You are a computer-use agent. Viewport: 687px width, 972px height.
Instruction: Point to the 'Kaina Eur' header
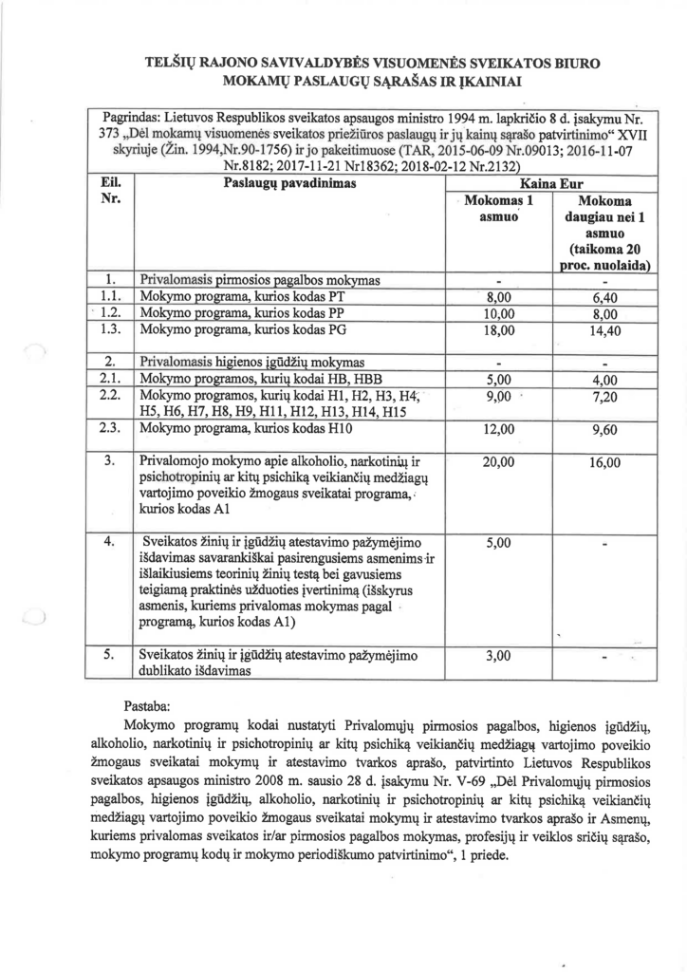[549, 183]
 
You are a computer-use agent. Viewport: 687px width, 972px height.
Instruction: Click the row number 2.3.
[110, 428]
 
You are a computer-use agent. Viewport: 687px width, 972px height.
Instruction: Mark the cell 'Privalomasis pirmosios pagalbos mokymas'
[259, 281]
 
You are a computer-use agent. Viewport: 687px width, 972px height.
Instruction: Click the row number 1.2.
[110, 313]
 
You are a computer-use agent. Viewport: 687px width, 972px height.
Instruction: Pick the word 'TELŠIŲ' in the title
[169, 62]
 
